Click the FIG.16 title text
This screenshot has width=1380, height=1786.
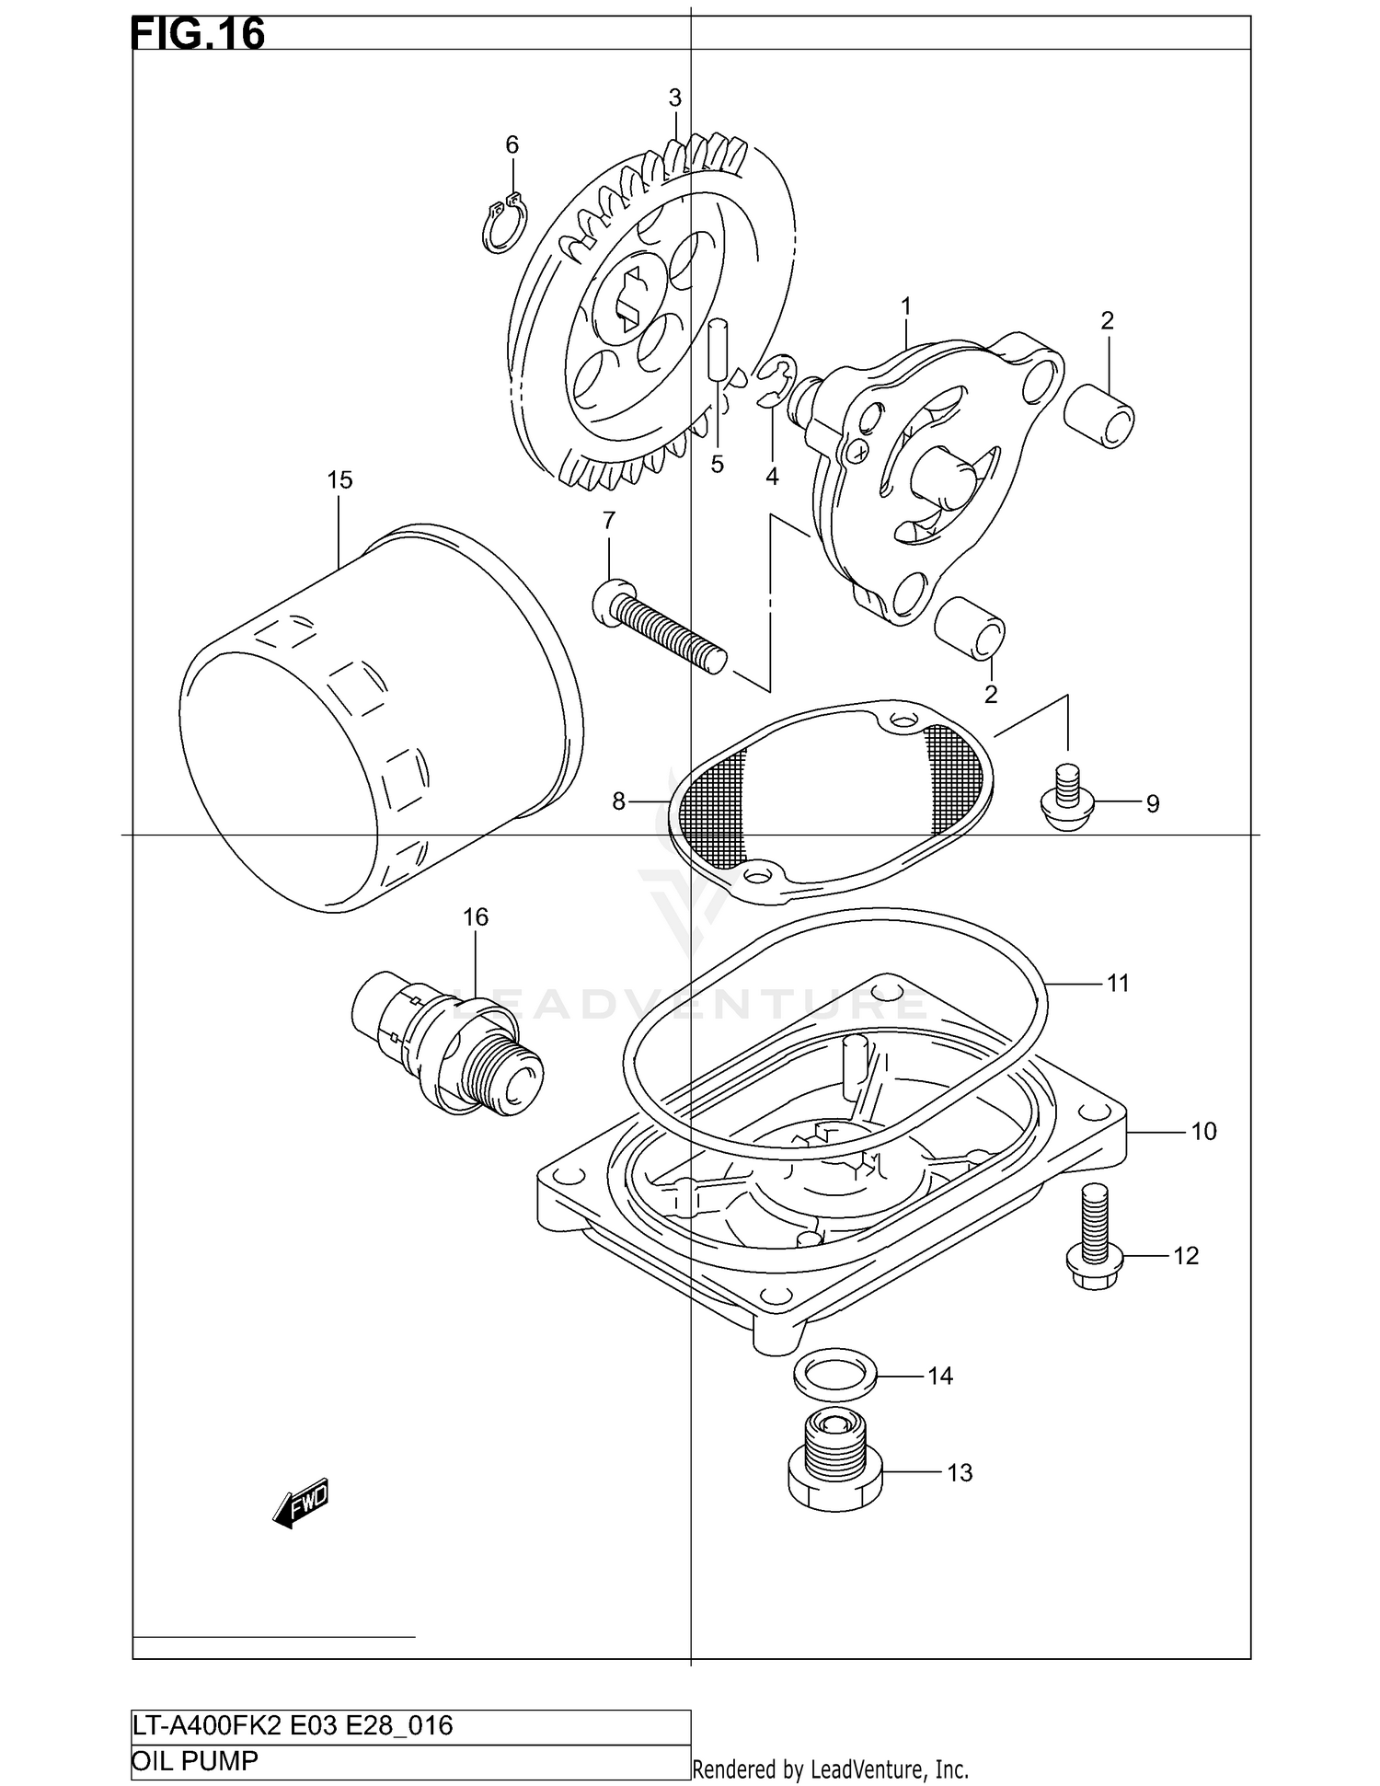click(x=198, y=34)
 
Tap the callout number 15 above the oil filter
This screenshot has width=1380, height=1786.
click(x=339, y=479)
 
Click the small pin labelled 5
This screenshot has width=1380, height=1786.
click(x=719, y=349)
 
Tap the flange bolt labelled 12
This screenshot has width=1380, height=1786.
click(x=1093, y=1238)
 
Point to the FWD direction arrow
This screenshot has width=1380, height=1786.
click(x=301, y=1504)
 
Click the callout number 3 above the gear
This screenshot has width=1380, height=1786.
click(x=674, y=98)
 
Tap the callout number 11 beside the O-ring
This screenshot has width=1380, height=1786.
click(x=1117, y=984)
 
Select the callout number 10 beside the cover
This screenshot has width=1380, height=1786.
click(x=1203, y=1132)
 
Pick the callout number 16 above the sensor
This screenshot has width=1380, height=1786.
click(x=475, y=916)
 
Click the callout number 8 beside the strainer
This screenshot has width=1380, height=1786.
click(x=619, y=802)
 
